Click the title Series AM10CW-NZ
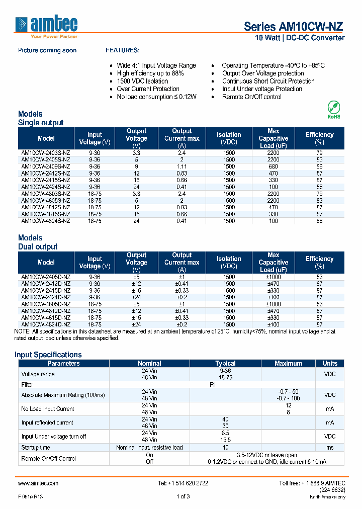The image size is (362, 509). coord(294,27)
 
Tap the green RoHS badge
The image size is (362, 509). coord(334,110)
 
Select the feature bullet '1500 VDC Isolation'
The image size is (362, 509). coord(142,81)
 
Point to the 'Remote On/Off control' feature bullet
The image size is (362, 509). coord(251,97)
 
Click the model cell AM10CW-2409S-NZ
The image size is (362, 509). coord(46,166)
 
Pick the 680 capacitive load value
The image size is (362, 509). coord(273,166)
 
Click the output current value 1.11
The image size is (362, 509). coord(182,166)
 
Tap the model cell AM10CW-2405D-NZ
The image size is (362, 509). coord(46,277)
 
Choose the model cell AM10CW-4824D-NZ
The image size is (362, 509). coord(46,324)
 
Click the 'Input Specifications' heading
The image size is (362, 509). coord(48,355)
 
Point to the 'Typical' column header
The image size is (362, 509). coord(225,363)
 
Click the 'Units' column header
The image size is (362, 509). coord(330,363)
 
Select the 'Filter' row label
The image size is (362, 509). coord(28,385)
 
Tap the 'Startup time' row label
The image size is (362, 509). coord(36,448)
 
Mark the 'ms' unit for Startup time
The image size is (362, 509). coord(330,448)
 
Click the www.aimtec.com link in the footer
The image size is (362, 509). coord(38,483)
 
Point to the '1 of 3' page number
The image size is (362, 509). coord(183,497)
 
